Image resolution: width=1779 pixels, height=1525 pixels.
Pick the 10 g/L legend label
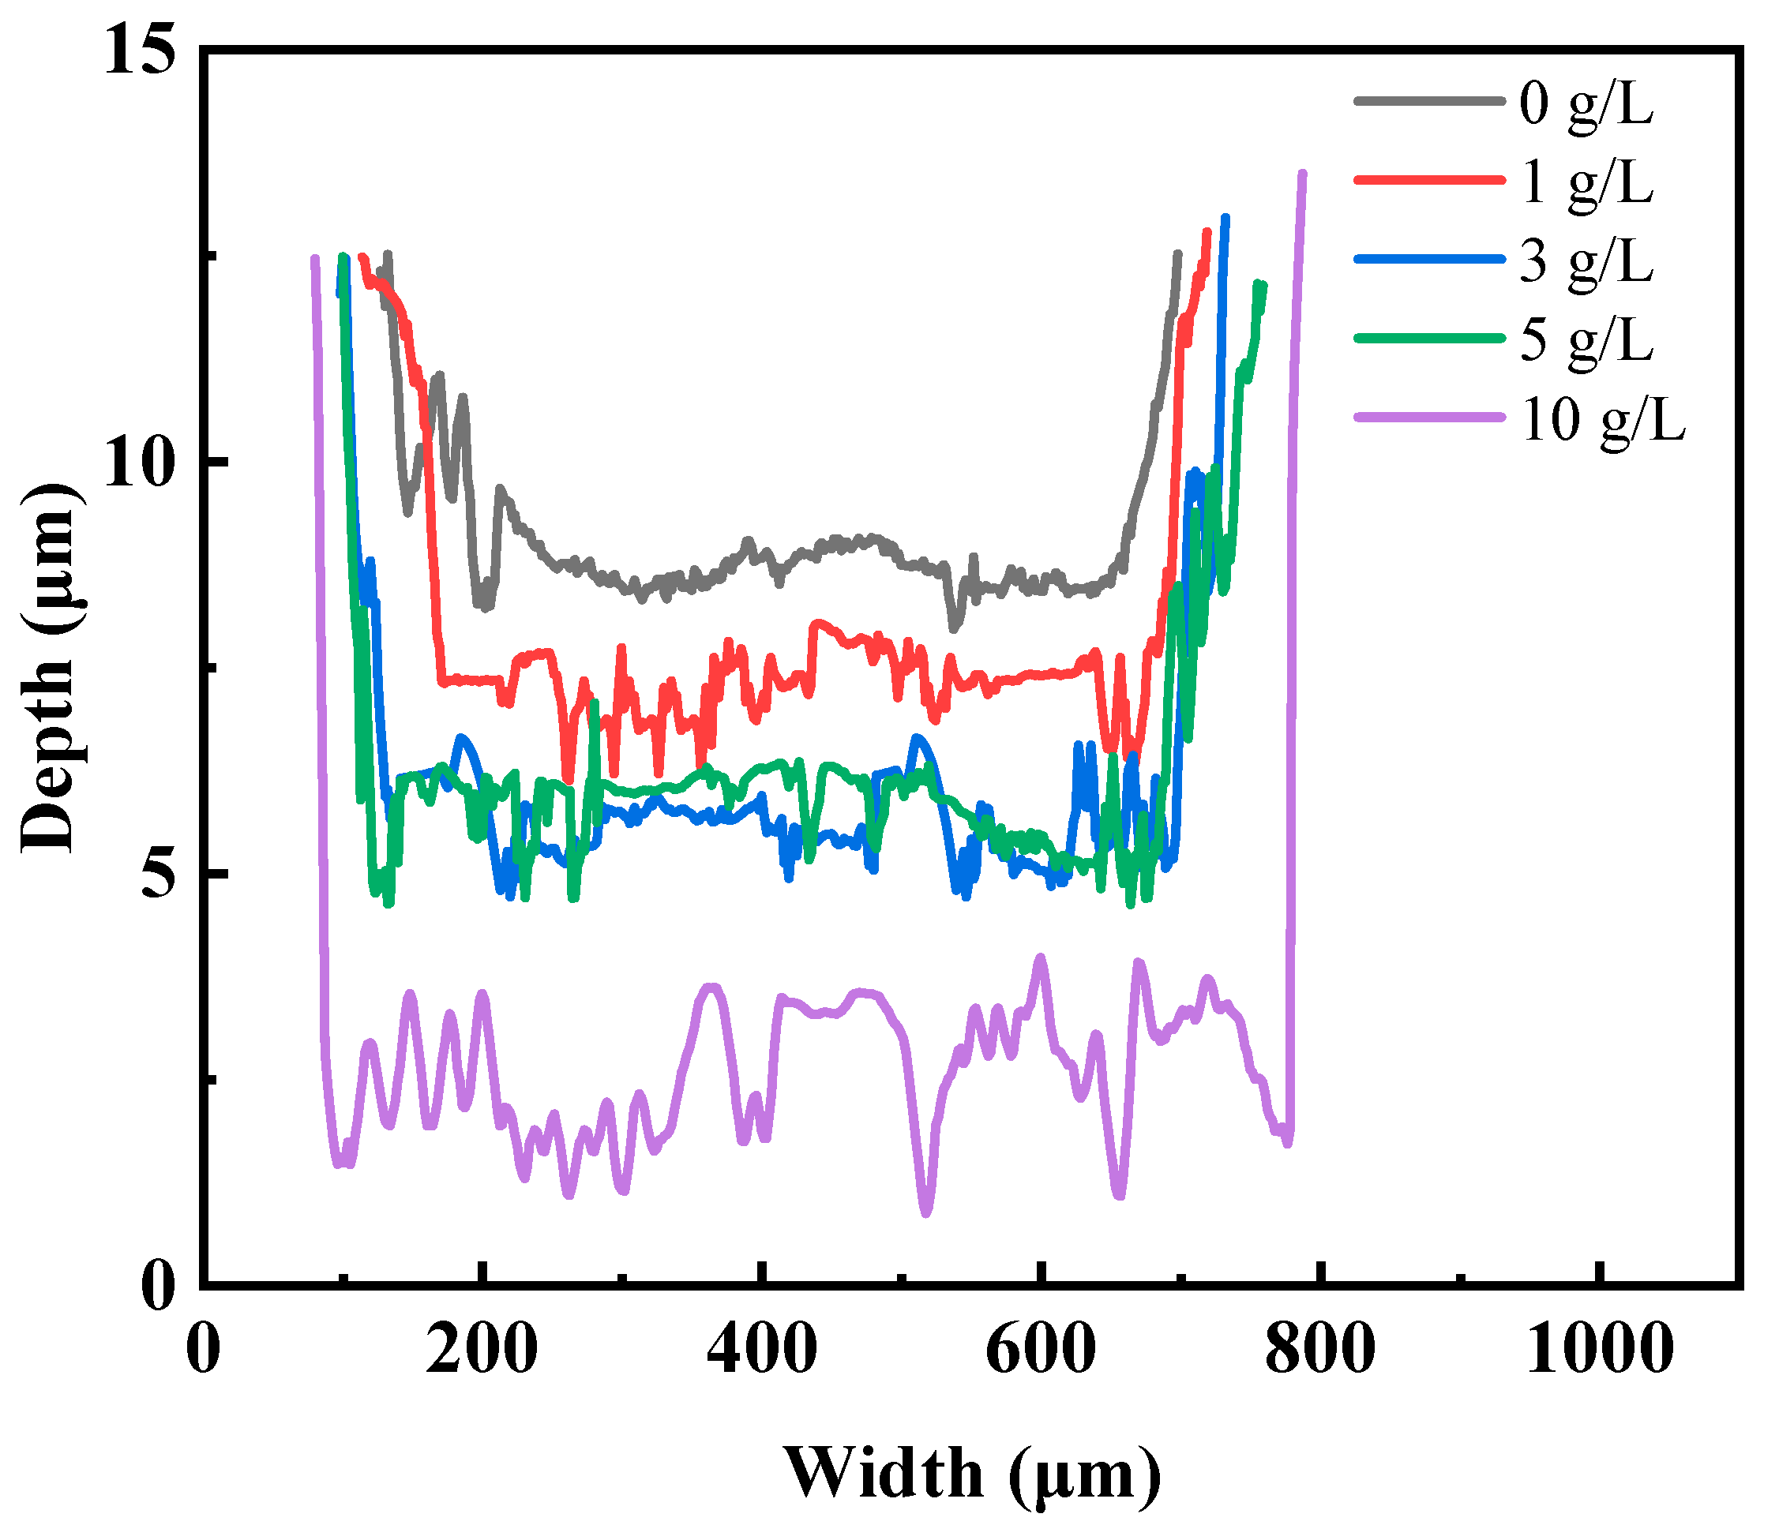point(1602,420)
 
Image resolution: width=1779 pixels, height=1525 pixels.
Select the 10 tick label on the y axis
point(139,463)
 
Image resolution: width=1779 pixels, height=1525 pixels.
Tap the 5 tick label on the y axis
point(159,875)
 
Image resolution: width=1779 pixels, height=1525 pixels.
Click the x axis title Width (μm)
point(972,1473)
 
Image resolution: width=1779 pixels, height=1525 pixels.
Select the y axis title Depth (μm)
point(49,669)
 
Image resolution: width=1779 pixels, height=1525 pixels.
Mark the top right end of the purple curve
point(1303,174)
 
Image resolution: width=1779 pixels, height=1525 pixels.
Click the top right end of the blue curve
point(1225,219)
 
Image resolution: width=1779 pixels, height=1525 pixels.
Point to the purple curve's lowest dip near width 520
point(925,1212)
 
